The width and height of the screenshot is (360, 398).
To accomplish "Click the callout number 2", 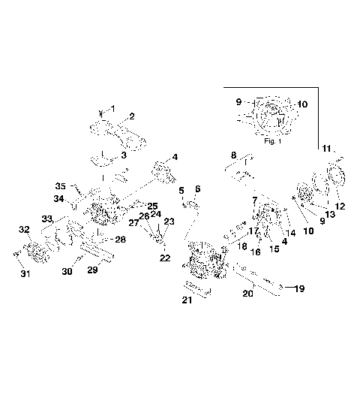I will click(x=131, y=116).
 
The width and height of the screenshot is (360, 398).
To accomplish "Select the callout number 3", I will click(x=124, y=155).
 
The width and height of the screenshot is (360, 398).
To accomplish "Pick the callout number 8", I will click(x=234, y=155).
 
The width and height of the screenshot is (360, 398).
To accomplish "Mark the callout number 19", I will click(x=298, y=288).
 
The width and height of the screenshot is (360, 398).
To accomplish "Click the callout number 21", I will click(x=186, y=301).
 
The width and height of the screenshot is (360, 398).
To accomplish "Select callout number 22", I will click(x=165, y=258).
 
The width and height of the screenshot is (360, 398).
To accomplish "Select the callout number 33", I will click(x=46, y=218).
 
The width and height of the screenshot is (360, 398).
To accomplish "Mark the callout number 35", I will click(x=62, y=185).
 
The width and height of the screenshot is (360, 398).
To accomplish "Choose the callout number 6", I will click(x=198, y=188).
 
